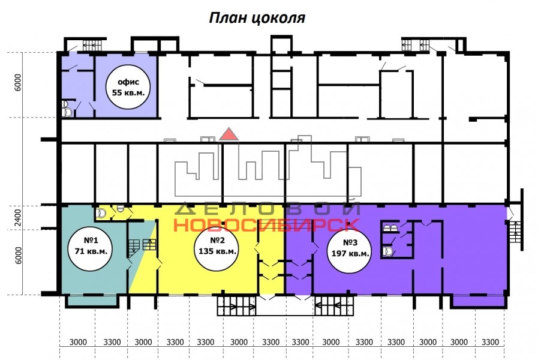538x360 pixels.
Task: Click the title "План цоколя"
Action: pos(257,18)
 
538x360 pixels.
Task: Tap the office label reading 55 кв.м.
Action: pos(128,88)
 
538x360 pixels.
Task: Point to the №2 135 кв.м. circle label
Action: pos(217,245)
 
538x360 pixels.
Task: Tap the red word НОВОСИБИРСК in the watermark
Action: pos(266,225)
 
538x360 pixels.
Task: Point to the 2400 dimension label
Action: pos(18,218)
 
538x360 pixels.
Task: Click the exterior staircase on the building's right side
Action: pos(515,232)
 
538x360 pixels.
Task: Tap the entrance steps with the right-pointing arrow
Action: pos(236,306)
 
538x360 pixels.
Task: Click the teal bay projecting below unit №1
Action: pos(91,301)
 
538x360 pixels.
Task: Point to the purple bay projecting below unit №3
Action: pos(479,301)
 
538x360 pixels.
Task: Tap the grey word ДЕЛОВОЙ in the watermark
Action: pos(268,208)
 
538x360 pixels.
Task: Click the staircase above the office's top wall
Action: pos(91,46)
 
